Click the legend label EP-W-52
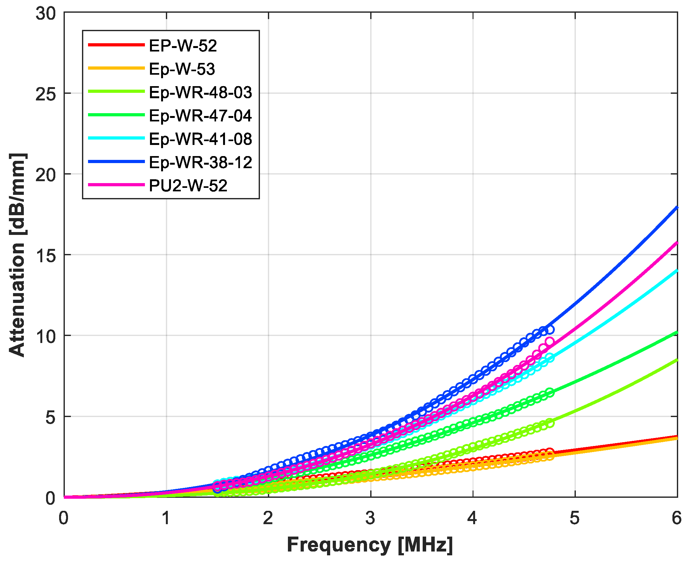[182, 46]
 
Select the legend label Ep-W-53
[182, 69]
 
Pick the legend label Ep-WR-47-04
[200, 116]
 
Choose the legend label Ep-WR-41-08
[200, 139]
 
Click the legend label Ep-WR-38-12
[200, 162]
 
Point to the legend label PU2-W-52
[188, 186]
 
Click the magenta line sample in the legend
[116, 185]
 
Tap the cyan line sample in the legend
[116, 138]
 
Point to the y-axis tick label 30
[46, 14]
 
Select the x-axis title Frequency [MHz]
[370, 545]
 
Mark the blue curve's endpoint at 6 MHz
[676, 208]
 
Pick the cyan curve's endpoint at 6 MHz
[676, 271]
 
